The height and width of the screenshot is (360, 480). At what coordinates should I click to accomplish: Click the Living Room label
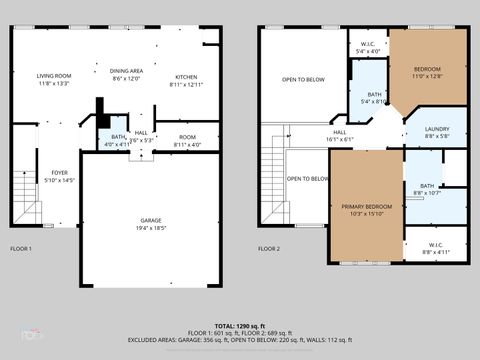coord(53,80)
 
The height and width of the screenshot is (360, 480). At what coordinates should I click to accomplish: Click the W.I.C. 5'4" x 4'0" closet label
coord(367,48)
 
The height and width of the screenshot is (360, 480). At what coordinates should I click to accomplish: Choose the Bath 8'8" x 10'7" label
coord(427,189)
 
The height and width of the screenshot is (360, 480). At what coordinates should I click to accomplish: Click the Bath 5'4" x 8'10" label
coord(367,96)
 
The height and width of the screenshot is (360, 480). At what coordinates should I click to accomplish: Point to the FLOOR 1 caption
coord(21,248)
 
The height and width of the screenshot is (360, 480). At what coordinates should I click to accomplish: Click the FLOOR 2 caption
coord(269,248)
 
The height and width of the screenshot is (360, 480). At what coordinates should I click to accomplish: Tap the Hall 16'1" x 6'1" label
coord(339,136)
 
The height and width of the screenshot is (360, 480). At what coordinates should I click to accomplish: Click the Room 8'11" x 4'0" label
coord(187,141)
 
